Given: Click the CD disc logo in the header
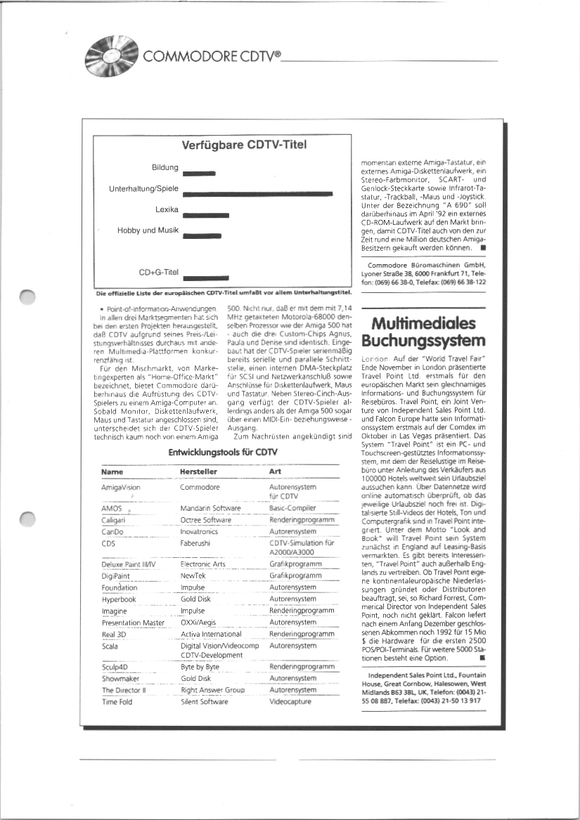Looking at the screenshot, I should [109, 53].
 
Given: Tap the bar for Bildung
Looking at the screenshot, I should [198, 172].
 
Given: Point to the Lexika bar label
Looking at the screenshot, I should [167, 209].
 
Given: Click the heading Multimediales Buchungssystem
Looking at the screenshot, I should [425, 332].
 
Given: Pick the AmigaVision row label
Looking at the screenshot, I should [121, 486].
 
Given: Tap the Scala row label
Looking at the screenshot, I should [110, 645].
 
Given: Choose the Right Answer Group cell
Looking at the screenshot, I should [212, 690].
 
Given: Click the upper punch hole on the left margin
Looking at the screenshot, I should [27, 299].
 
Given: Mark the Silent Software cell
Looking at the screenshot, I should [204, 701].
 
